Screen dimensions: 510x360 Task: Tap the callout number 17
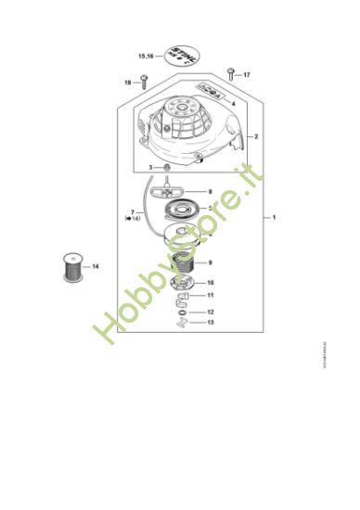pos(248,73)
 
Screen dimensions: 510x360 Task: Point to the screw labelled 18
pos(146,83)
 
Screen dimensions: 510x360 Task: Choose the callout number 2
pos(256,137)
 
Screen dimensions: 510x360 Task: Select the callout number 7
pos(133,212)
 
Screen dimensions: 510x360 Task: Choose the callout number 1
pos(274,217)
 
